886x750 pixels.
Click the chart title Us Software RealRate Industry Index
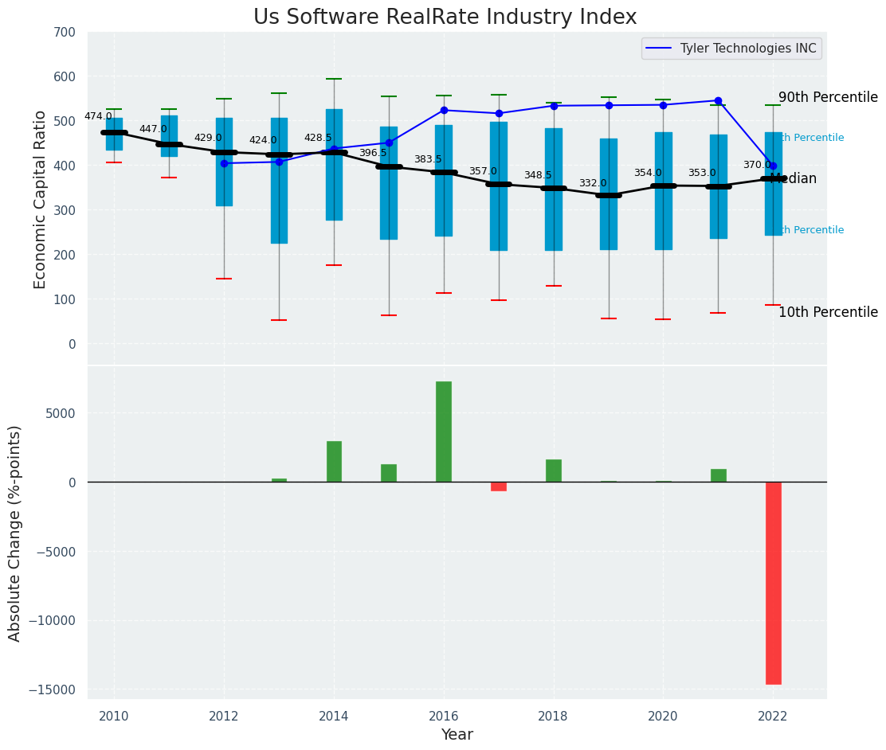point(445,18)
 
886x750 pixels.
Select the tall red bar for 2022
point(773,583)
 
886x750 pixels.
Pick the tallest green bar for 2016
point(444,432)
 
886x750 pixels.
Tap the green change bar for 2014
point(334,462)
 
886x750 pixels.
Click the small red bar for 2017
point(499,486)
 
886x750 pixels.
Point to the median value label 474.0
point(98,116)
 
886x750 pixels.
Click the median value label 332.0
point(593,183)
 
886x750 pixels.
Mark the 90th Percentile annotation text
point(828,97)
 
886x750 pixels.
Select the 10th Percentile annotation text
point(828,312)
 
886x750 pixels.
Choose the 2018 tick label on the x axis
point(554,716)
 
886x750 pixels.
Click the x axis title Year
point(457,735)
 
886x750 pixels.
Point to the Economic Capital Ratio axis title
point(41,199)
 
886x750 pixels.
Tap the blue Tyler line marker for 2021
point(718,101)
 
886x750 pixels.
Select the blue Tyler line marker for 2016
point(444,110)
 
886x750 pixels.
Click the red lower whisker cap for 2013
point(279,320)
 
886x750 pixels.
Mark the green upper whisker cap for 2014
point(334,79)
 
